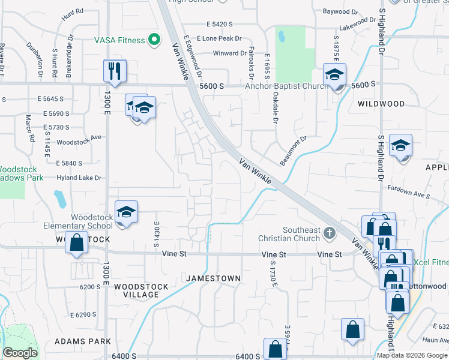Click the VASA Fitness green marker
tap(154, 40)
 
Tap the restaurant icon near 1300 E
tap(114, 71)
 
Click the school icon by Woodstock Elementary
tap(126, 212)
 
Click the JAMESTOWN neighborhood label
tap(213, 278)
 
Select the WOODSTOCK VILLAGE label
tap(137, 290)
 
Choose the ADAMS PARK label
tap(83, 341)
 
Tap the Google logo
tap(20, 353)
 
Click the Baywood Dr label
tap(340, 11)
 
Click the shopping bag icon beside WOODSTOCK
tap(76, 244)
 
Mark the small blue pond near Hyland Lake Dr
tap(59, 199)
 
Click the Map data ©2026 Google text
tap(412, 355)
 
